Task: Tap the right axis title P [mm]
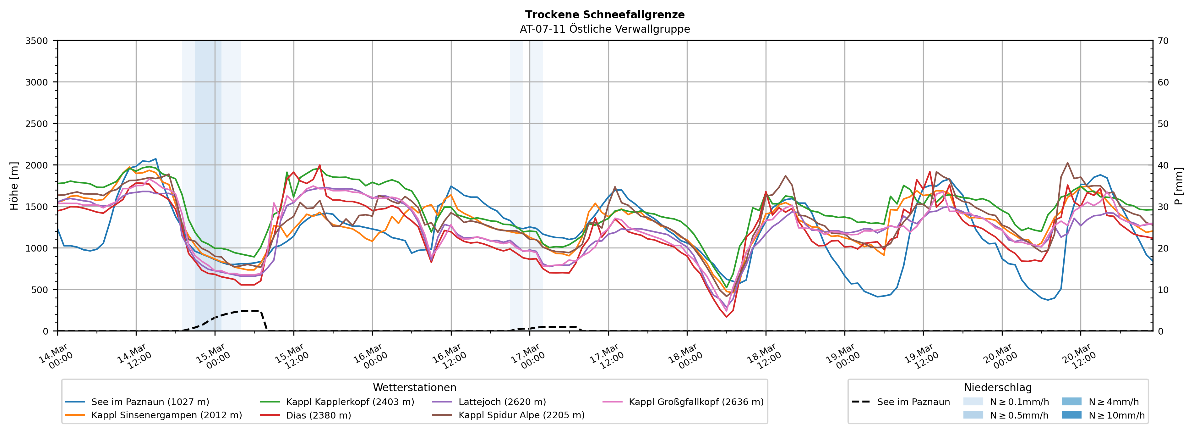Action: (1179, 186)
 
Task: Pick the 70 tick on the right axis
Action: (1163, 41)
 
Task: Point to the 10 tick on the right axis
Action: (1163, 290)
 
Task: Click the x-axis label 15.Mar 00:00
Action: (213, 356)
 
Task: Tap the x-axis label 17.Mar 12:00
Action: (607, 356)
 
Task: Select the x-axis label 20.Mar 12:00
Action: (1079, 356)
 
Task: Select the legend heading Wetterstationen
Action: (414, 387)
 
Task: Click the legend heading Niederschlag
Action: (997, 387)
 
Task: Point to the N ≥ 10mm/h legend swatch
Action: (1071, 415)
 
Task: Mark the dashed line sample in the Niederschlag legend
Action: (861, 402)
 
